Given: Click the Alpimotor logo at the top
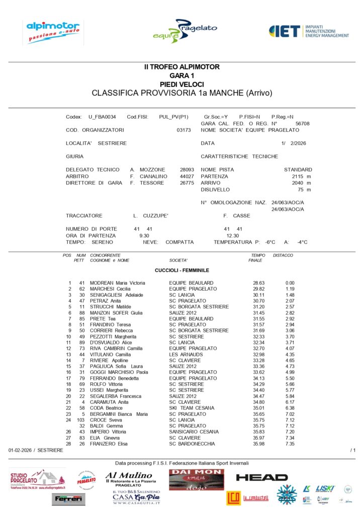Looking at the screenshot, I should pyautogui.click(x=52, y=32).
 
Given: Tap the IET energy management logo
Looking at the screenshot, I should pyautogui.click(x=309, y=31).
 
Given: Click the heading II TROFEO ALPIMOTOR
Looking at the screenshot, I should pyautogui.click(x=181, y=67).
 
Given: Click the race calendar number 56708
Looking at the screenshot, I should pyautogui.click(x=302, y=123).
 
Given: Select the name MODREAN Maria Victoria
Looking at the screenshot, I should pyautogui.click(x=117, y=283).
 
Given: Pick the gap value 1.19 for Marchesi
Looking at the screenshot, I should pyautogui.click(x=290, y=289).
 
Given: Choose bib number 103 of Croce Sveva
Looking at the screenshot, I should pyautogui.click(x=80, y=419).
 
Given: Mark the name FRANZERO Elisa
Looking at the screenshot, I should pyautogui.click(x=109, y=444).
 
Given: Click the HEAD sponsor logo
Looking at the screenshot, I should pyautogui.click(x=261, y=477).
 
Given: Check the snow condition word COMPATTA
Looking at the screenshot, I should pyautogui.click(x=179, y=242).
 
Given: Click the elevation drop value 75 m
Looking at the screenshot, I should pyautogui.click(x=304, y=190).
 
